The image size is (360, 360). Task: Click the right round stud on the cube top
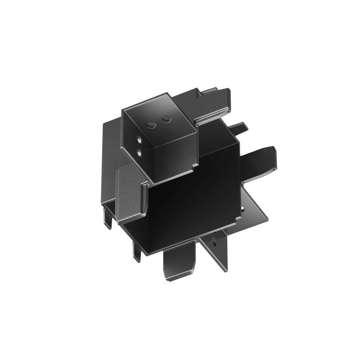[166, 120]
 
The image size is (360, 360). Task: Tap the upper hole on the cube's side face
[139, 139]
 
